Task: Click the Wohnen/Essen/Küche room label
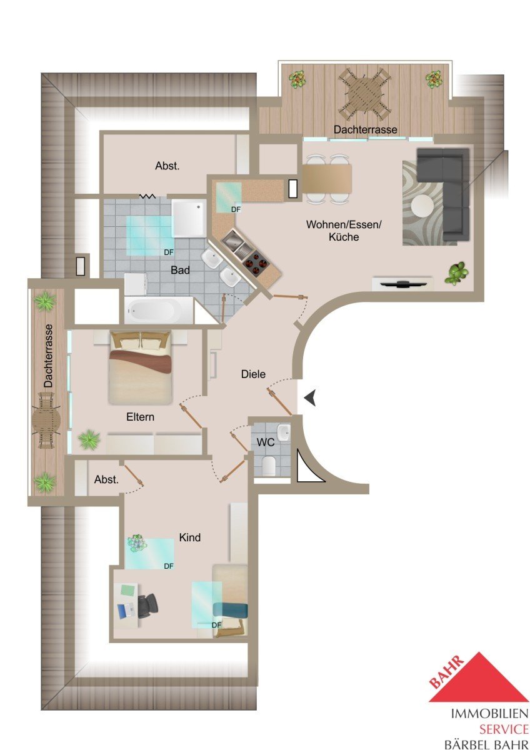[344, 231]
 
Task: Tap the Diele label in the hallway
[253, 374]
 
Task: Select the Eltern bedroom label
[140, 417]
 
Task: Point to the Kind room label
[190, 537]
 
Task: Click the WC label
[266, 442]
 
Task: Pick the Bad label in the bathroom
[180, 270]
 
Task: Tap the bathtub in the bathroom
[158, 311]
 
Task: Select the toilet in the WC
[269, 466]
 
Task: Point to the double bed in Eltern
[140, 367]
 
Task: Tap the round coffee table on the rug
[422, 206]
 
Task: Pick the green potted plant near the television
[456, 274]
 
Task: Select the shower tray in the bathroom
[189, 218]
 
